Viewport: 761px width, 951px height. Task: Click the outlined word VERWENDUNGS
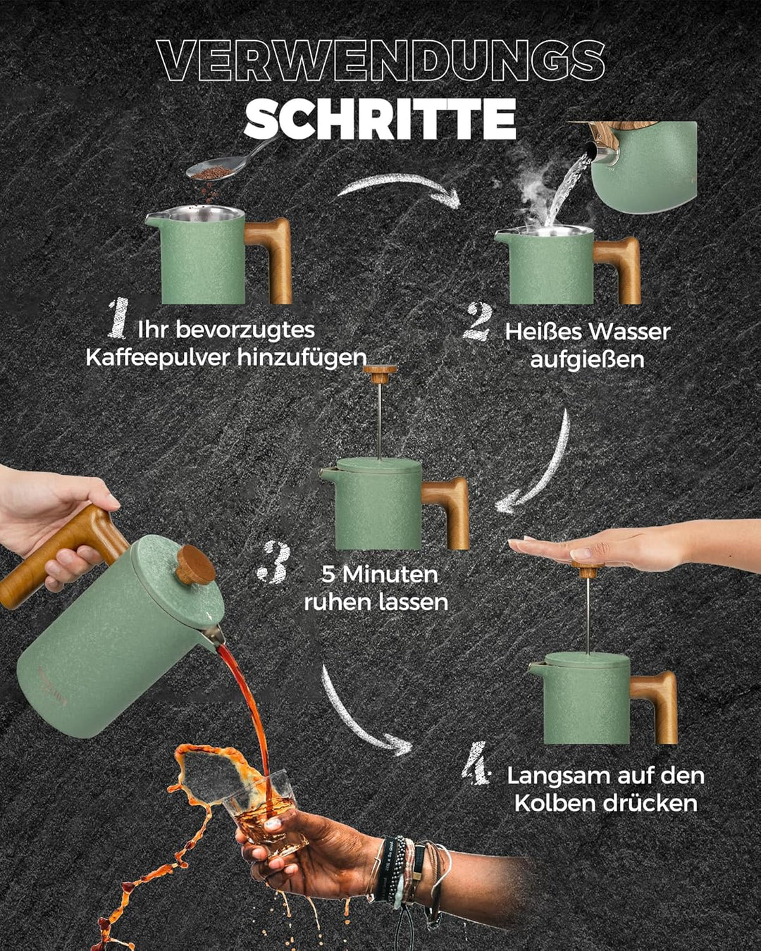coord(381,61)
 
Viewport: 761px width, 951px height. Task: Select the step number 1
coord(118,318)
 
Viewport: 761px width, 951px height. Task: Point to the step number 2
coord(478,322)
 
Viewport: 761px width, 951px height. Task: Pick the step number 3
coord(274,561)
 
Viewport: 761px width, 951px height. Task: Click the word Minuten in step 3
coord(390,575)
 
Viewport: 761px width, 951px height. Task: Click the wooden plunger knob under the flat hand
coord(588,570)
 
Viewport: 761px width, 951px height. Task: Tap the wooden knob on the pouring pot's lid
coord(195,565)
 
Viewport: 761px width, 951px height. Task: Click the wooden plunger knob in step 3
coord(380,374)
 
